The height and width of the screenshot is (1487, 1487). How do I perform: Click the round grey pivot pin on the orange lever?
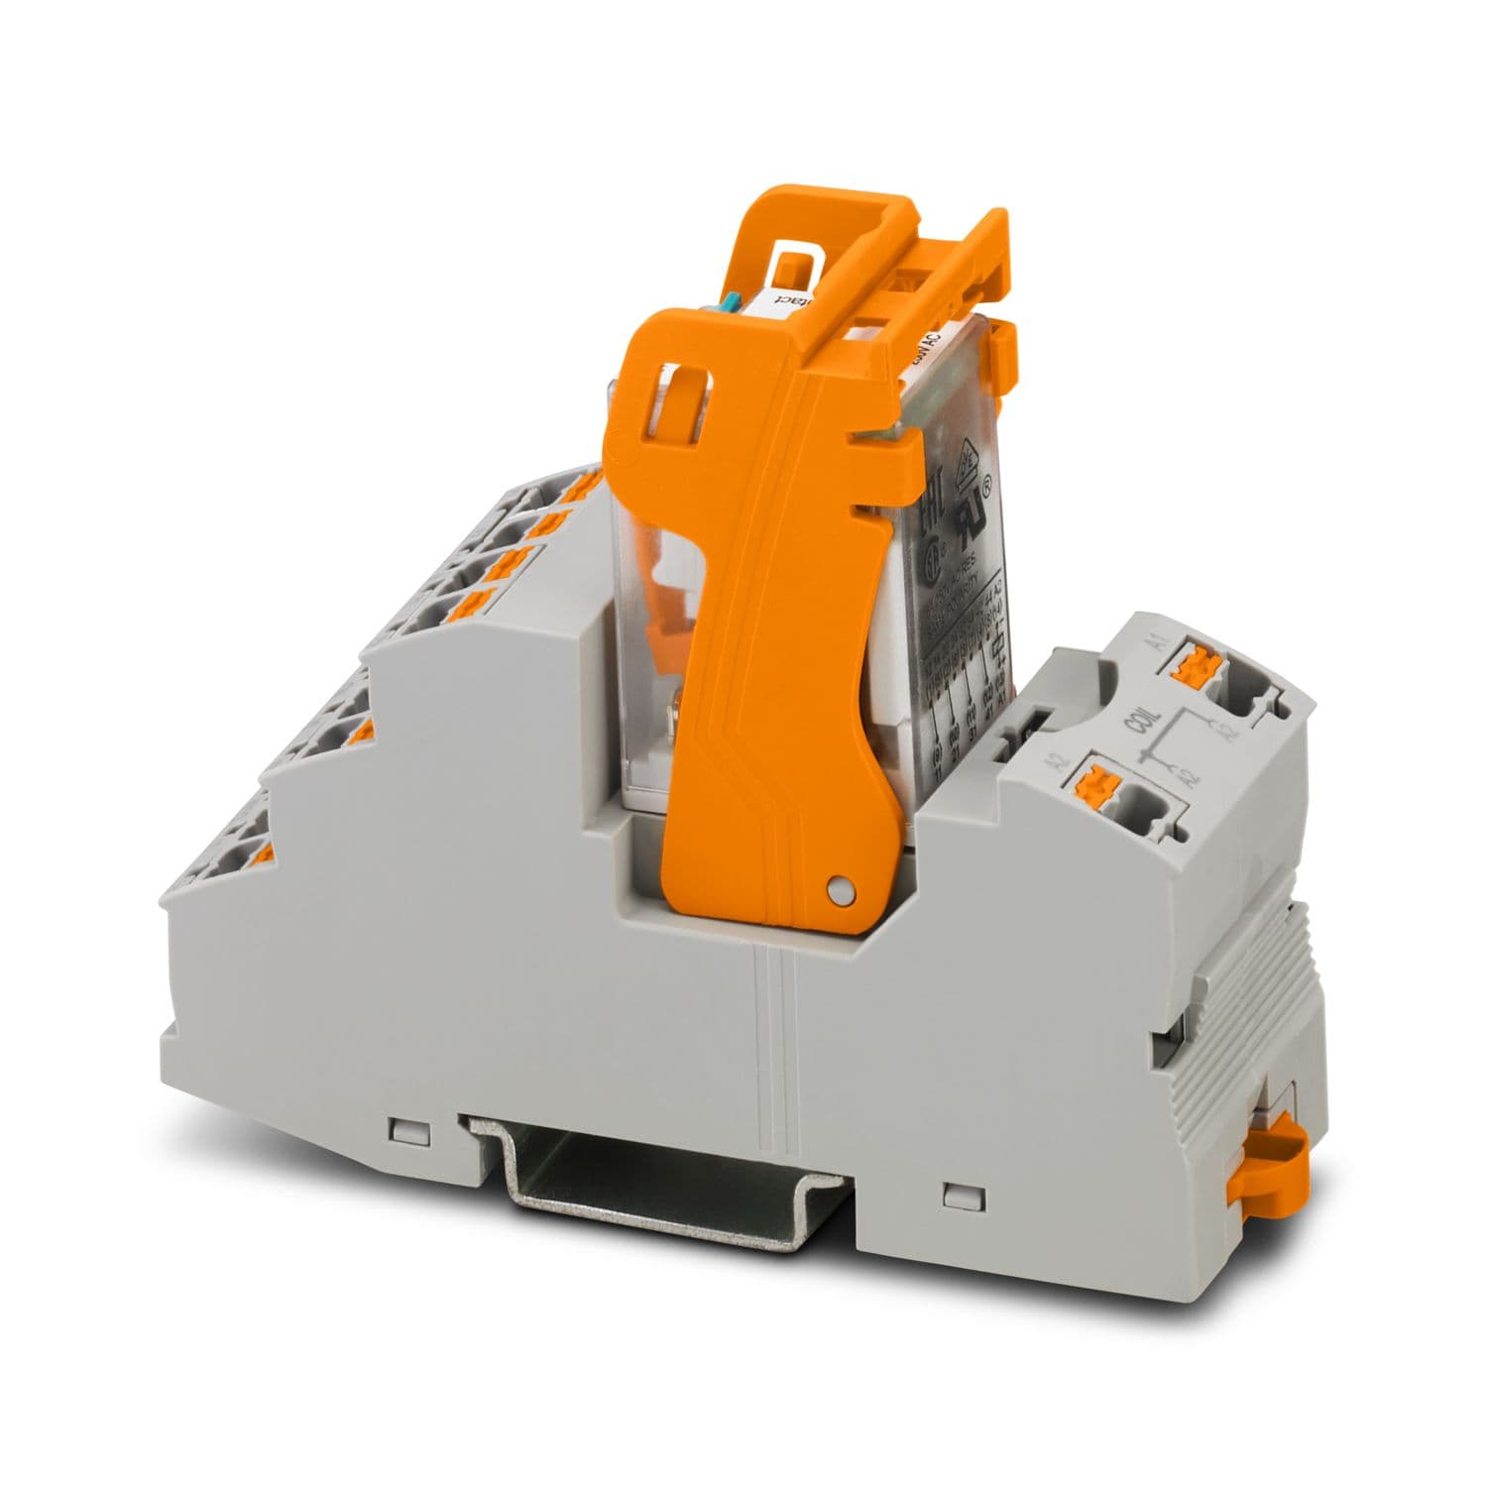click(840, 891)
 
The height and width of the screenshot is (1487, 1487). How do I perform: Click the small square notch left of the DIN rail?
click(404, 1130)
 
